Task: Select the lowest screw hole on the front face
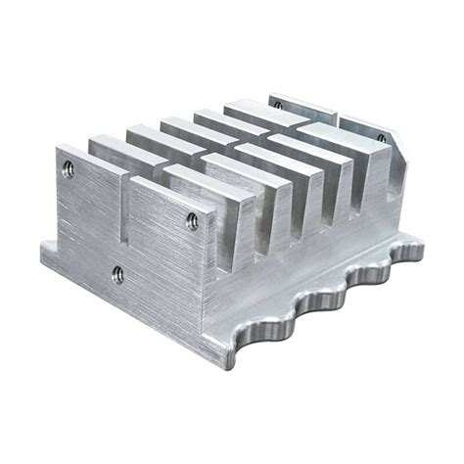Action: pos(117,274)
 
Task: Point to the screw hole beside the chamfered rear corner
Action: pos(380,139)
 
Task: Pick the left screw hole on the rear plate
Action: pos(277,103)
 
